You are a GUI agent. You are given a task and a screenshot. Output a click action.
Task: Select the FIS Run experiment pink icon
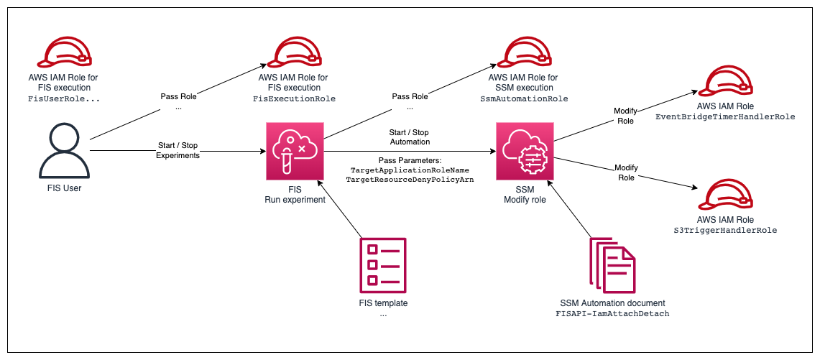pyautogui.click(x=295, y=151)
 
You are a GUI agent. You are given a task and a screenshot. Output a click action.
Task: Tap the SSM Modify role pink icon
pyautogui.click(x=525, y=151)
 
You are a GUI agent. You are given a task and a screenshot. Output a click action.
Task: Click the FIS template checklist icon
pyautogui.click(x=383, y=265)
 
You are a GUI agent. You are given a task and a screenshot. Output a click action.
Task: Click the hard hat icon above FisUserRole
pyautogui.click(x=63, y=52)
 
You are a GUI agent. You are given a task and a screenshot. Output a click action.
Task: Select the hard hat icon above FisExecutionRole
pyautogui.click(x=295, y=52)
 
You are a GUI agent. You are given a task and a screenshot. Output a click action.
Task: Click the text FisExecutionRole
pyautogui.click(x=295, y=98)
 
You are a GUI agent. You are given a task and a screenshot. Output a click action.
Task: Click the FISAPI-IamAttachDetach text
pyautogui.click(x=612, y=314)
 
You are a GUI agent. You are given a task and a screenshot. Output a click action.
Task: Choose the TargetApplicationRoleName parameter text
pyautogui.click(x=410, y=170)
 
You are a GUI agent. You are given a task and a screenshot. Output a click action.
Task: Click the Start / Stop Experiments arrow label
pyautogui.click(x=178, y=150)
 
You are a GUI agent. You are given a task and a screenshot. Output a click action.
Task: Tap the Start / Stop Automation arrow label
pyautogui.click(x=410, y=137)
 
